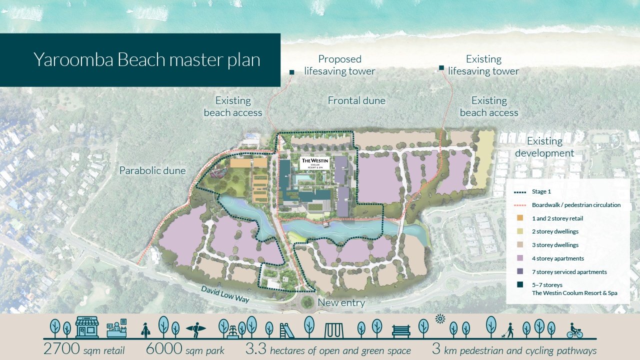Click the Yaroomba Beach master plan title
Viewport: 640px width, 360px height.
147,60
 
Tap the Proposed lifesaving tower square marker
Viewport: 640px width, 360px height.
291,72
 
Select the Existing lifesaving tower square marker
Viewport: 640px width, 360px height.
441,68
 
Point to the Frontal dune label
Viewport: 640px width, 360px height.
356,101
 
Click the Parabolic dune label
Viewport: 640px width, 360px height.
152,171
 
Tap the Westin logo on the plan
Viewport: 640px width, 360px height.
313,163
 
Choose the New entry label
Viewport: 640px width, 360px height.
341,302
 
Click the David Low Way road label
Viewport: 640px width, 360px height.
225,294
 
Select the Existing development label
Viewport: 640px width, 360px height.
544,147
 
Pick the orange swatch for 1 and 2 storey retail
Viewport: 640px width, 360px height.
520,218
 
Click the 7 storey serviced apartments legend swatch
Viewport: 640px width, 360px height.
520,271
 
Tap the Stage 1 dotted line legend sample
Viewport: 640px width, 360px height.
520,191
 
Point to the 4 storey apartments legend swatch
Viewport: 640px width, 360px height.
520,258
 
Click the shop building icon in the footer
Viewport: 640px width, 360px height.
87,327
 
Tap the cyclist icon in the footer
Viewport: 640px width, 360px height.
574,330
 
